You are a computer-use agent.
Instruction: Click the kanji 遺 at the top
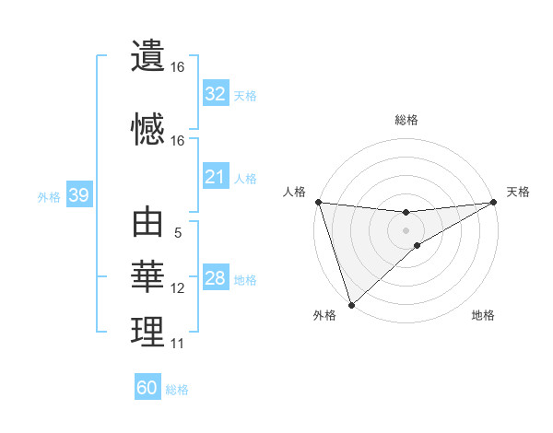click(x=147, y=56)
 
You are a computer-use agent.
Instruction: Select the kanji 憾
click(x=147, y=130)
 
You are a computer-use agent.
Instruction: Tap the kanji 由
click(x=147, y=223)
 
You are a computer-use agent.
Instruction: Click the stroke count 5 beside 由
click(x=178, y=233)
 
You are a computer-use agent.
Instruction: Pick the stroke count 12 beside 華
click(x=178, y=288)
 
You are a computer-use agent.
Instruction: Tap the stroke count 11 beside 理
click(x=178, y=344)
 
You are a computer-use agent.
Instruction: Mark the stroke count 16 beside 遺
click(x=178, y=67)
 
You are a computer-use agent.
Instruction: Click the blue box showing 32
click(x=216, y=94)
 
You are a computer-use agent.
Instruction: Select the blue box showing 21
click(x=216, y=177)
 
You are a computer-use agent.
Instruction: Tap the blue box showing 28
click(x=216, y=278)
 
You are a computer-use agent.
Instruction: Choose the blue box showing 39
click(x=78, y=195)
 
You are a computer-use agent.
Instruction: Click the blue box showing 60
click(x=147, y=388)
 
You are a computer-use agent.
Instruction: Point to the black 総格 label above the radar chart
click(x=406, y=121)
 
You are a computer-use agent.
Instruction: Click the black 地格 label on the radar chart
click(x=483, y=316)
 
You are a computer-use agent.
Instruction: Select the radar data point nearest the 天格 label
click(x=494, y=202)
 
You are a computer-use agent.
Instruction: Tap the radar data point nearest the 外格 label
click(x=350, y=304)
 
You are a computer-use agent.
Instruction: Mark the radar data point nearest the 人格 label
click(x=318, y=202)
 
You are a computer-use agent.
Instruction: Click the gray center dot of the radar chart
click(x=406, y=229)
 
